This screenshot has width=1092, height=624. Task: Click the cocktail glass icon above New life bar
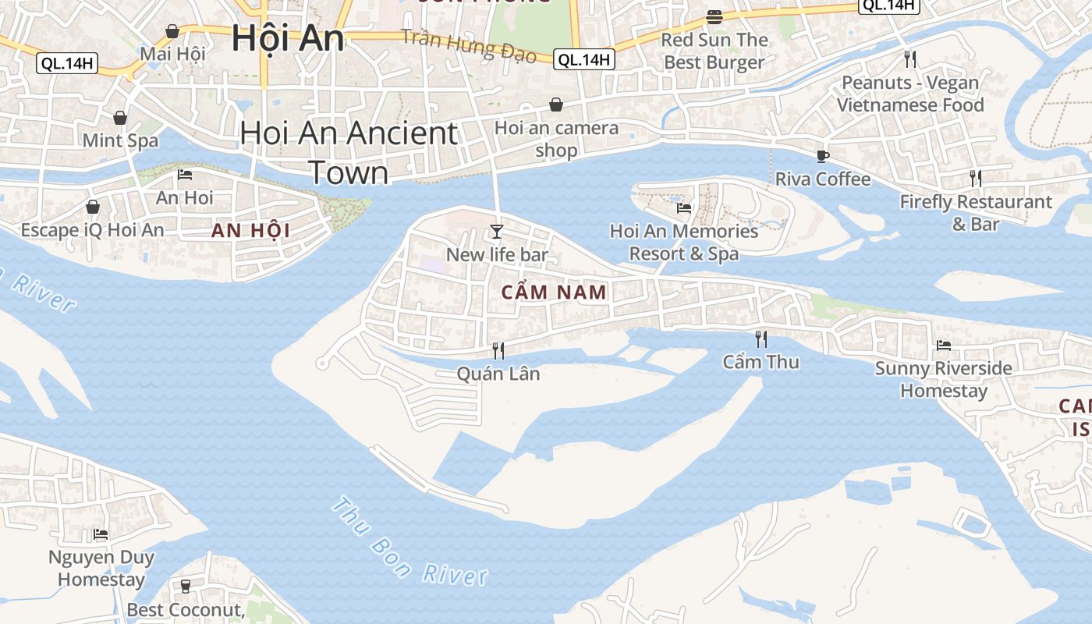(x=496, y=231)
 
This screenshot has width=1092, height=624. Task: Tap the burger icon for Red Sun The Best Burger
(x=714, y=16)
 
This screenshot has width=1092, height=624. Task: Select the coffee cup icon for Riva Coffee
(x=822, y=156)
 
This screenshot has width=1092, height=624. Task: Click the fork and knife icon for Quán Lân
(x=498, y=351)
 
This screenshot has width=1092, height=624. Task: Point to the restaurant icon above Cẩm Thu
(x=761, y=339)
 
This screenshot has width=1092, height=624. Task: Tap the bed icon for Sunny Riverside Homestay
(x=943, y=345)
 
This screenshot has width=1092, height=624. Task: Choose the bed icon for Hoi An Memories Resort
(x=684, y=208)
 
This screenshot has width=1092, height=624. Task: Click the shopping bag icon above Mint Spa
(x=120, y=118)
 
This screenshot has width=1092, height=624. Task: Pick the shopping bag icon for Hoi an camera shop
(x=556, y=105)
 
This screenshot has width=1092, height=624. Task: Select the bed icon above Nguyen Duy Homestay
(x=101, y=534)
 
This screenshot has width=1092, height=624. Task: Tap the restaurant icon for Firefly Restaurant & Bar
(x=975, y=179)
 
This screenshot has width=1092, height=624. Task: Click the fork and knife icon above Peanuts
(x=909, y=58)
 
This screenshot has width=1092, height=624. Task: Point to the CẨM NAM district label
(x=554, y=292)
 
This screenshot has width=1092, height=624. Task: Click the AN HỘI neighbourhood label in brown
(x=250, y=230)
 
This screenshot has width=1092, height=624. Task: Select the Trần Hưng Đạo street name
(x=469, y=45)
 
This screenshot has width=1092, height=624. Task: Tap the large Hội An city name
(x=288, y=38)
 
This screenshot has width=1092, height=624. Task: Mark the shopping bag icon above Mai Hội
(x=172, y=31)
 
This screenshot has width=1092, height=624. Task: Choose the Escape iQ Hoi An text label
(x=92, y=230)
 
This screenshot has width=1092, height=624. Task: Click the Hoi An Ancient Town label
(x=349, y=152)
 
